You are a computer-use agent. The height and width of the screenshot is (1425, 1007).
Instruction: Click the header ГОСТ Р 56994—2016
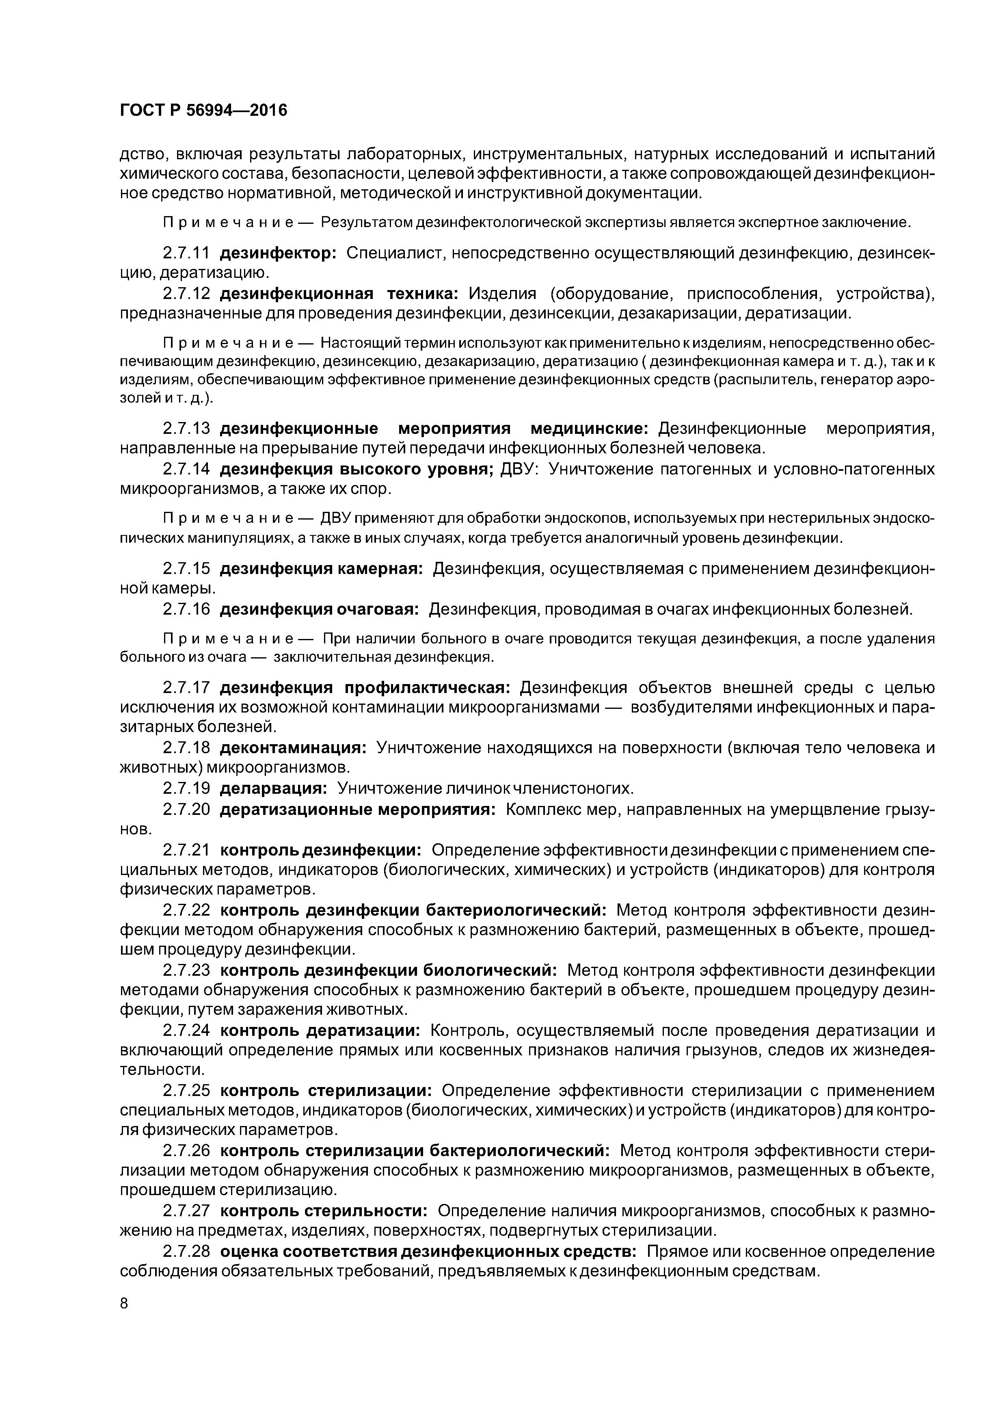pyautogui.click(x=203, y=110)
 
